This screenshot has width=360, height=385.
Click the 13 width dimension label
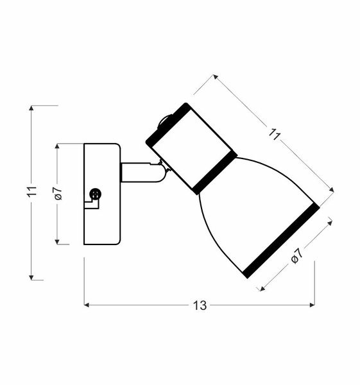[200, 305]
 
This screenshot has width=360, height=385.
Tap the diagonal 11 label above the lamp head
[275, 135]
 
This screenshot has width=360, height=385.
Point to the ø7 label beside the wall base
[57, 193]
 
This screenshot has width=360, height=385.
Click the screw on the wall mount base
[96, 193]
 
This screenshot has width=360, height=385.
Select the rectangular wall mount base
[101, 194]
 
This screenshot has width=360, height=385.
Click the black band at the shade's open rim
[282, 243]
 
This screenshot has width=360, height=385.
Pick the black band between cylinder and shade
[215, 173]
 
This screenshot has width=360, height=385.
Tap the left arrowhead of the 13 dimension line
[87, 305]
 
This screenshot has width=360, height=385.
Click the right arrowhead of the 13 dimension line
[313, 305]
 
